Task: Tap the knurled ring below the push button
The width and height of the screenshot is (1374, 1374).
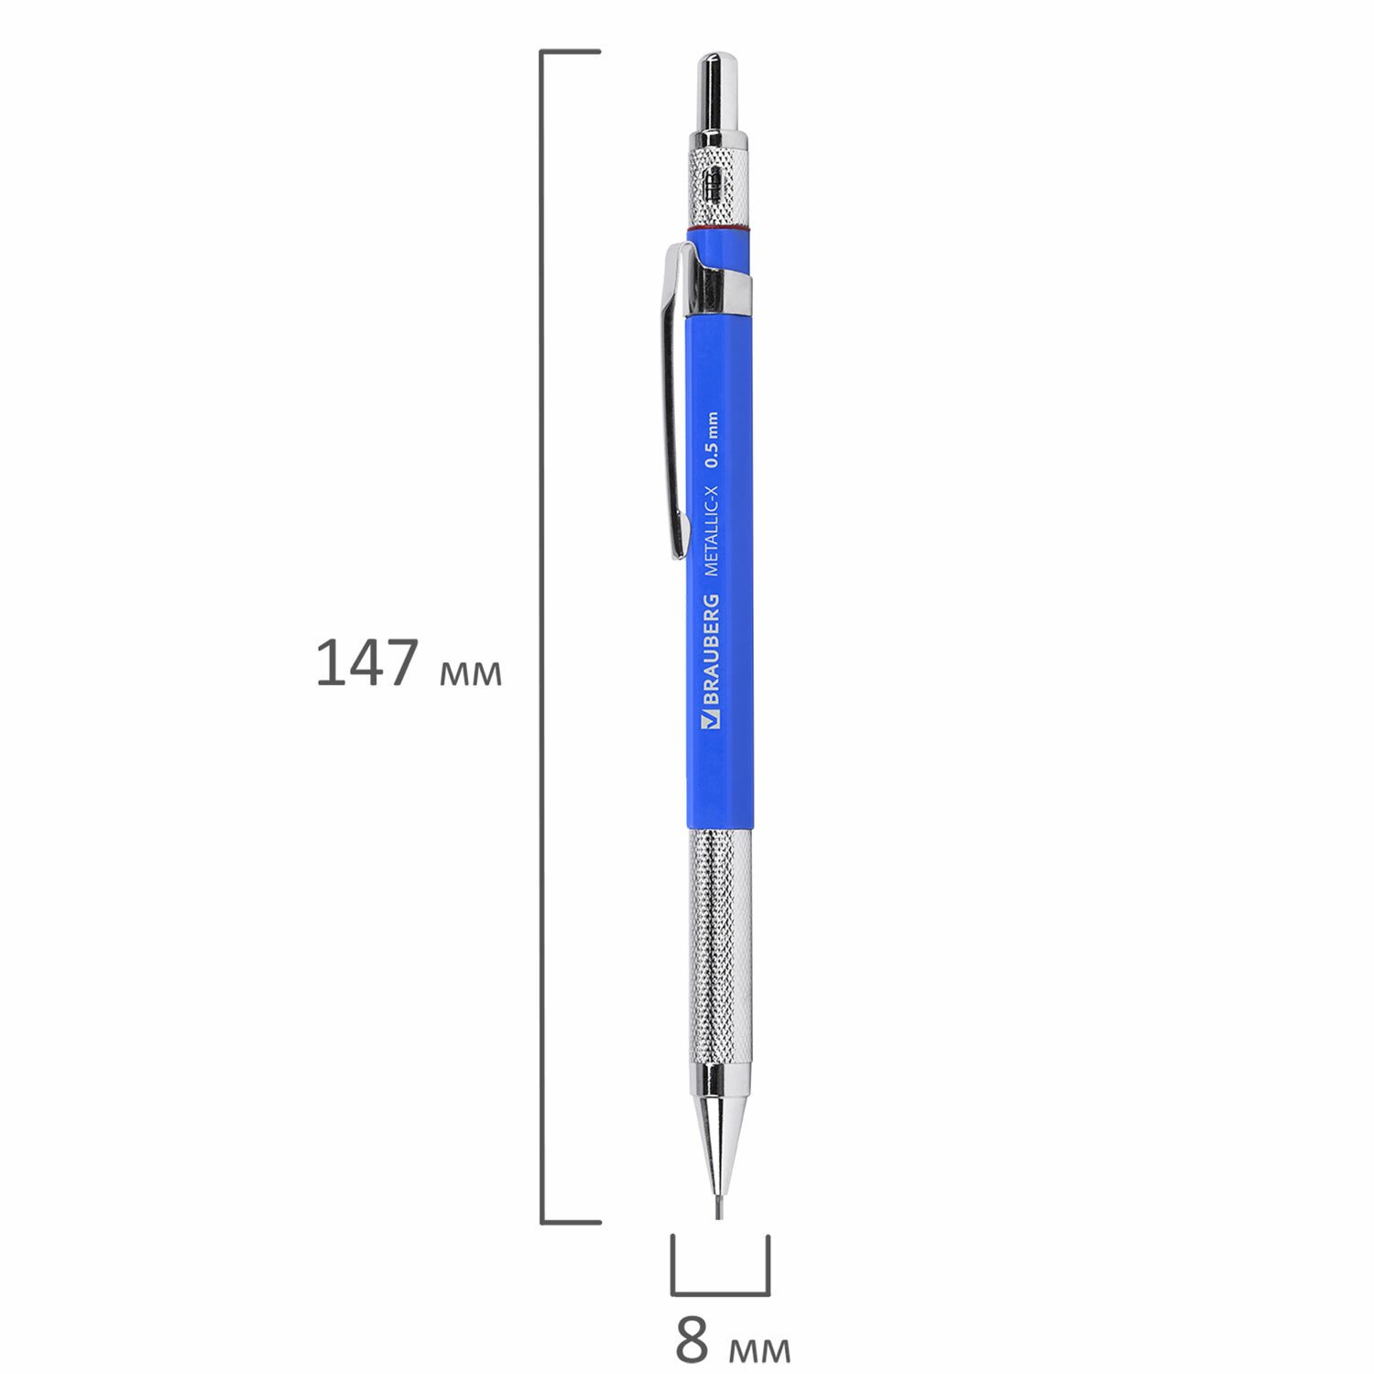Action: pyautogui.click(x=719, y=187)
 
